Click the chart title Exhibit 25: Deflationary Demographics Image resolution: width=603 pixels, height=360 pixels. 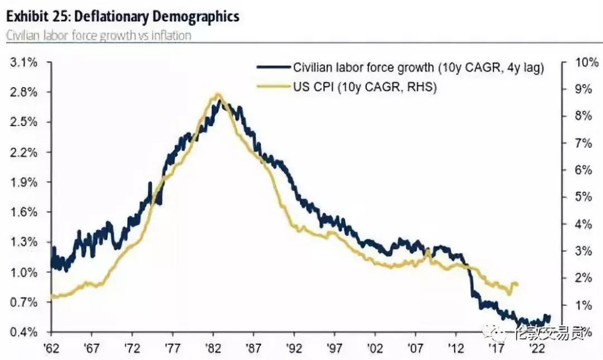123,16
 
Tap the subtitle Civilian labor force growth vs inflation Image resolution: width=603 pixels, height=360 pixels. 99,35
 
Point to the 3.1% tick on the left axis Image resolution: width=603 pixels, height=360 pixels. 24,63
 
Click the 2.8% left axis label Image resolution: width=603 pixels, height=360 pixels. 24,93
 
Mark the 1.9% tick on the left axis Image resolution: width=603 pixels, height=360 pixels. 24,183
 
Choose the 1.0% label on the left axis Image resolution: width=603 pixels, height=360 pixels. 24,272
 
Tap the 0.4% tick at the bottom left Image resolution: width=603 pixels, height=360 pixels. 24,333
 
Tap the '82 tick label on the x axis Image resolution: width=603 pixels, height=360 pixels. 213,348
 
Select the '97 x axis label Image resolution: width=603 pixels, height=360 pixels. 334,348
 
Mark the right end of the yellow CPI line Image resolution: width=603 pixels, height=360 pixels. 518,284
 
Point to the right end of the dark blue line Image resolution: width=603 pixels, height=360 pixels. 549,317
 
